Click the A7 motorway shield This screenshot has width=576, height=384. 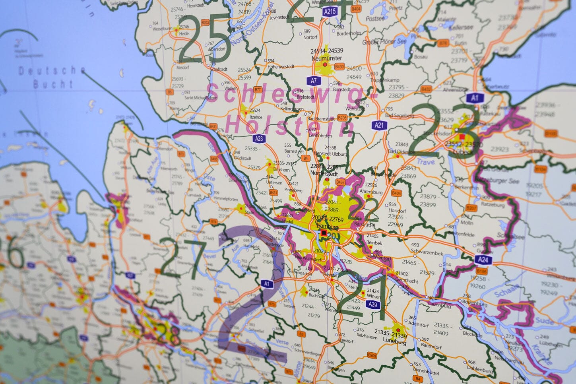coord(314,81)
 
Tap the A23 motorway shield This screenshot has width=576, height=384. coord(259,139)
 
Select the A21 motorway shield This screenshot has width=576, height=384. coord(379,125)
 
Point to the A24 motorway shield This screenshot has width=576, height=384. coord(483,260)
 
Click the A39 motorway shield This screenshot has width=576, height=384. coord(372,304)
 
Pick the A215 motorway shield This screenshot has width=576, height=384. coord(330,12)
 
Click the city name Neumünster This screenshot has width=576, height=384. coord(327,58)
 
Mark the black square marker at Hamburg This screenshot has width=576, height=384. coord(324,233)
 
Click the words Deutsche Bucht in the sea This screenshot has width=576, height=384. coord(52,77)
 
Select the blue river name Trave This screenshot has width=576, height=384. coord(426,162)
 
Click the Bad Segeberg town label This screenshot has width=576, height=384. coord(400,116)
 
